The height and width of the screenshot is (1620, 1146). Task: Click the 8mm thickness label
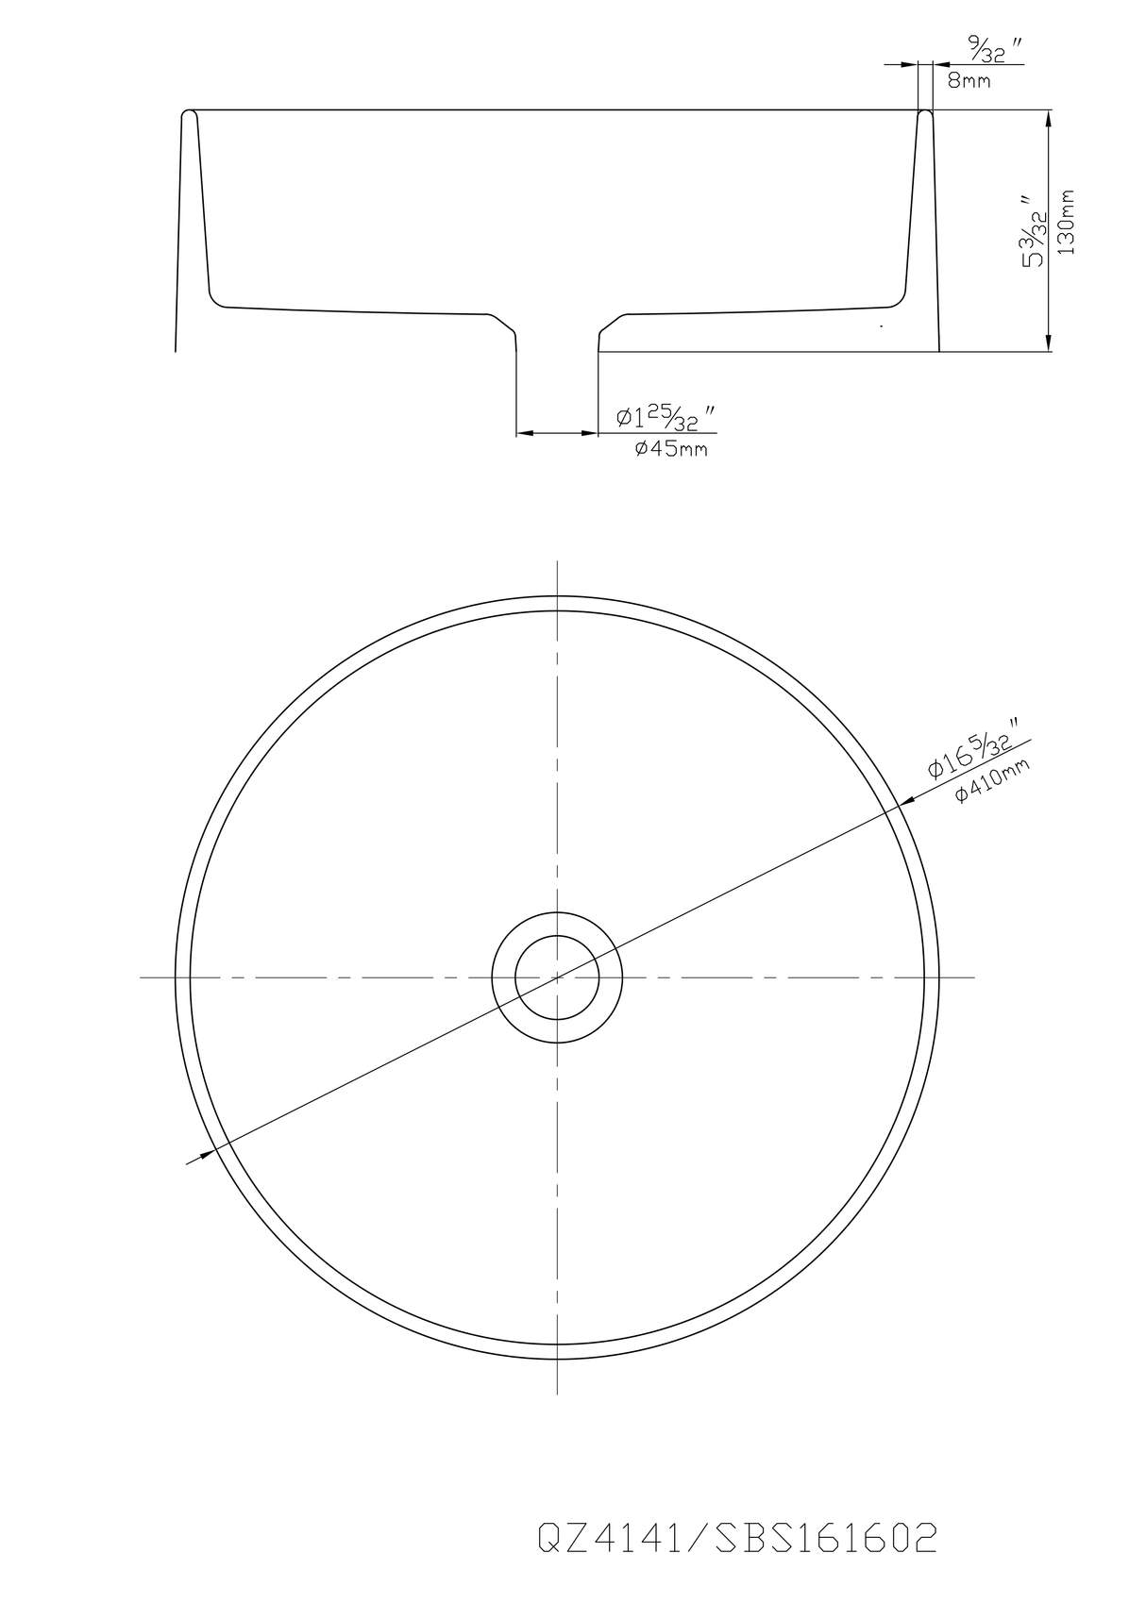point(969,81)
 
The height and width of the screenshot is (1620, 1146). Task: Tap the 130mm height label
point(1068,222)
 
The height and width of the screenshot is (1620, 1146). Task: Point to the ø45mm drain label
point(670,449)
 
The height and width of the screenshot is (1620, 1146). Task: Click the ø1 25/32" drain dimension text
point(665,417)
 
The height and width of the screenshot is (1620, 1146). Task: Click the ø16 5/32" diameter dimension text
point(972,754)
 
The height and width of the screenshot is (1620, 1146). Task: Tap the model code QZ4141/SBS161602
point(737,1539)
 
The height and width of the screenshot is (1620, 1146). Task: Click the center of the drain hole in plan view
point(557,977)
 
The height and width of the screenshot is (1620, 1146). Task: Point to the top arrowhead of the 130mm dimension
point(1049,116)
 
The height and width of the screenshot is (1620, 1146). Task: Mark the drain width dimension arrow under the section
point(557,433)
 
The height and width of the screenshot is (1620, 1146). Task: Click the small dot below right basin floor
point(880,326)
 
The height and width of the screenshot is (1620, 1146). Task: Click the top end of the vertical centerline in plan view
point(558,562)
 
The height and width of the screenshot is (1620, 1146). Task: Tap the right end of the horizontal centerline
point(973,977)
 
